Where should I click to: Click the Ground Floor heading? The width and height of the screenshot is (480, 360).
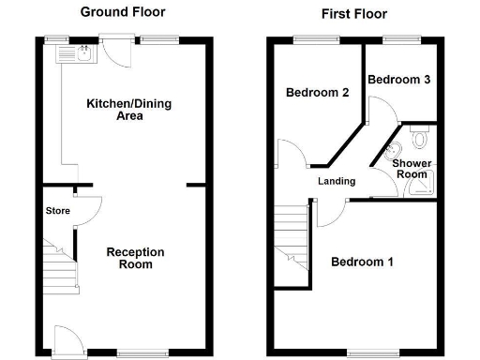click(x=122, y=12)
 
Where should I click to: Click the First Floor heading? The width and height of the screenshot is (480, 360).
click(x=353, y=14)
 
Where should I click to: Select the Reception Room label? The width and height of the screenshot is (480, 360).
click(x=135, y=258)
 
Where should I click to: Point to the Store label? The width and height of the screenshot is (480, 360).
click(x=58, y=211)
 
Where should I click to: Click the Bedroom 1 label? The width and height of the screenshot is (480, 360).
click(x=362, y=262)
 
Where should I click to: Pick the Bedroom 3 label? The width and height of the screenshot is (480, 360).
click(x=398, y=81)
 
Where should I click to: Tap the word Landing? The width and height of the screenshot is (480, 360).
click(x=337, y=181)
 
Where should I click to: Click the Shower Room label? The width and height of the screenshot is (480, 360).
click(x=410, y=169)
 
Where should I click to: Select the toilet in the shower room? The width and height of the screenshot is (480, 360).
click(x=419, y=139)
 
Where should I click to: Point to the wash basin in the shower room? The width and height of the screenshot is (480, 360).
click(x=395, y=152)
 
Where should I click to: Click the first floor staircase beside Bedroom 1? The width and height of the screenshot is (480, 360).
click(x=292, y=244)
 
